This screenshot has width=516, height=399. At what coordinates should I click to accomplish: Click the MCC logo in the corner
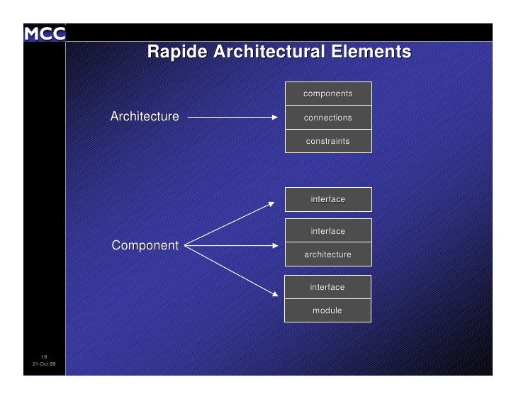(45, 33)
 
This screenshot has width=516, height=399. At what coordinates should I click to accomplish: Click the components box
(327, 94)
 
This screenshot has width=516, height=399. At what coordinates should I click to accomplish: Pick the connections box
(327, 118)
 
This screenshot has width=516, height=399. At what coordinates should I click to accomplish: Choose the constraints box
(327, 141)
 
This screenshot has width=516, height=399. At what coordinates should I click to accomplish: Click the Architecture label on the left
(145, 116)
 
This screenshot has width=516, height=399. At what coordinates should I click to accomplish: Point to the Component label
(145, 246)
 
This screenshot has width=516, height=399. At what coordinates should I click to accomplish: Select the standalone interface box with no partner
(327, 200)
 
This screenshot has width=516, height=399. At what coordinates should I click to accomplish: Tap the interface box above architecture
(327, 231)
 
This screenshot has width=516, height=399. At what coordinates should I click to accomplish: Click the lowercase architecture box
(327, 254)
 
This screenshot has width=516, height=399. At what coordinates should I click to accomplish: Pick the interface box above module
(327, 287)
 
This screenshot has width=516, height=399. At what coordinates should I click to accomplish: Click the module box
(327, 310)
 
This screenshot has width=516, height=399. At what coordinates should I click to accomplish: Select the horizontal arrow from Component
(231, 247)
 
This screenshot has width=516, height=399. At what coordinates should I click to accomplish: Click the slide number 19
(44, 356)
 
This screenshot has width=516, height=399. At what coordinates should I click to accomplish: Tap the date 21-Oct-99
(45, 364)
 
